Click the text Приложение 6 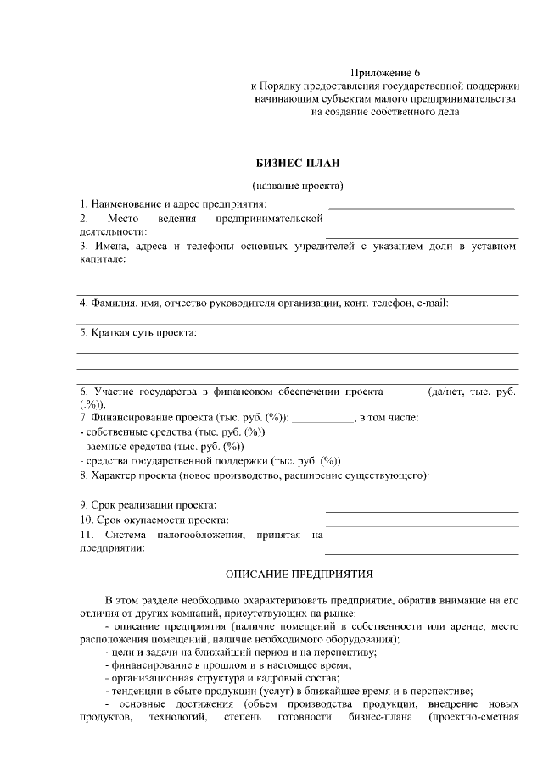pos(385,73)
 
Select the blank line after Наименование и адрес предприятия pos(421,207)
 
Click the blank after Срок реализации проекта pos(422,511)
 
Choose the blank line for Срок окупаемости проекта pos(422,525)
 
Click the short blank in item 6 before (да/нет pos(405,395)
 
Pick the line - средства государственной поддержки pos(210,460)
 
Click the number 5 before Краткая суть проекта pos(83,332)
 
